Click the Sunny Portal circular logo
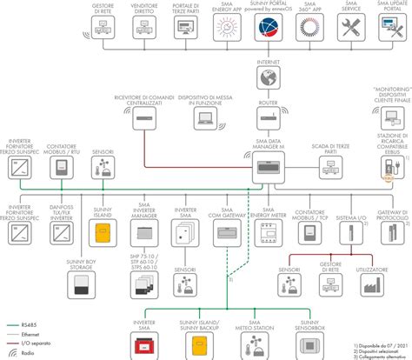point(267,32)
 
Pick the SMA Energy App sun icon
point(221,32)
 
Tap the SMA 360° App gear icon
point(309,32)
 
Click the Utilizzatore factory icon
point(372,282)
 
